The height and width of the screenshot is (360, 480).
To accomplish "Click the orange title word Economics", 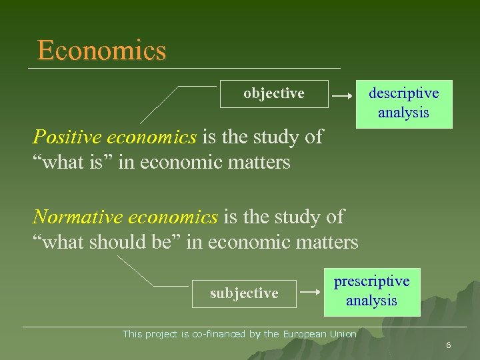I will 101,51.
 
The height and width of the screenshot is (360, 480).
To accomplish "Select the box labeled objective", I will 274,94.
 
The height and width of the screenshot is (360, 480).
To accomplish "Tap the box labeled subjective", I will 244,293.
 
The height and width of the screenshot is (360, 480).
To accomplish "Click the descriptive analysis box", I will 404,104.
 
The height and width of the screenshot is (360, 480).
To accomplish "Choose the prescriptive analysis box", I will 371,291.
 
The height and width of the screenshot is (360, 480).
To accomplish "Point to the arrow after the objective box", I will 342,97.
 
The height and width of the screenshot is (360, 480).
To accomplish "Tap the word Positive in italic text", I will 66,137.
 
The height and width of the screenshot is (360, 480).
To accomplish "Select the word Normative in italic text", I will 75,217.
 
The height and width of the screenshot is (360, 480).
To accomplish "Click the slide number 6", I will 449,345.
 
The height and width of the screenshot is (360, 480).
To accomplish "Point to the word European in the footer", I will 306,333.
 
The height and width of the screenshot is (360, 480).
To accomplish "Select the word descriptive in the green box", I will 404,95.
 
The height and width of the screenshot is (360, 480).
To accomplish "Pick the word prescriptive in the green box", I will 371,281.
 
